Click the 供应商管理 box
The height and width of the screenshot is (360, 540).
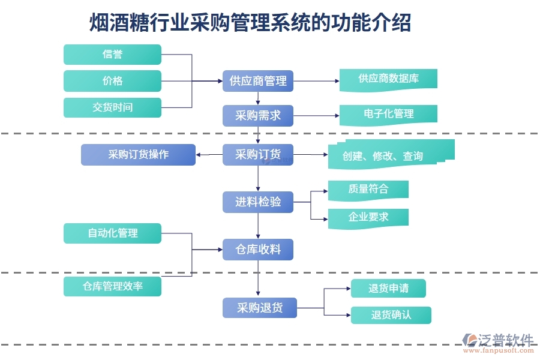258,81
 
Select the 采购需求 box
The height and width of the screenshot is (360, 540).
258,115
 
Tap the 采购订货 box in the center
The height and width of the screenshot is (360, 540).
258,155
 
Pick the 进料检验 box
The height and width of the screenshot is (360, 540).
258,202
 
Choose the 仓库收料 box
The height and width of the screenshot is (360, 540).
258,249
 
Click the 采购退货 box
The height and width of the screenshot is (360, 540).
259,308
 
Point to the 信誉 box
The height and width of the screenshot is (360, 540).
112,55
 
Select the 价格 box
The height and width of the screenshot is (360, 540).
112,81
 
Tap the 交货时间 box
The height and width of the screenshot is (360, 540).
112,107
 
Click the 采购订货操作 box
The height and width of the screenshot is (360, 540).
138,155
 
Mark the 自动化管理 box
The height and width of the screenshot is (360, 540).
112,233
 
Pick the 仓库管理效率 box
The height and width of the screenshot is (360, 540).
112,286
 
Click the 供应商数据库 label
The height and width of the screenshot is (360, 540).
388,79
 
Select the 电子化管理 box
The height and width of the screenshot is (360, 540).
388,114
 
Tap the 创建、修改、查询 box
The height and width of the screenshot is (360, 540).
384,156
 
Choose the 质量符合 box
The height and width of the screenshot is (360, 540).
368,190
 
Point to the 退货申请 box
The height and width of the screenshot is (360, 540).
388,289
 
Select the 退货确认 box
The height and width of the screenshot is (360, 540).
391,315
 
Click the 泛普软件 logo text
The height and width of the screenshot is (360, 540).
506,340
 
